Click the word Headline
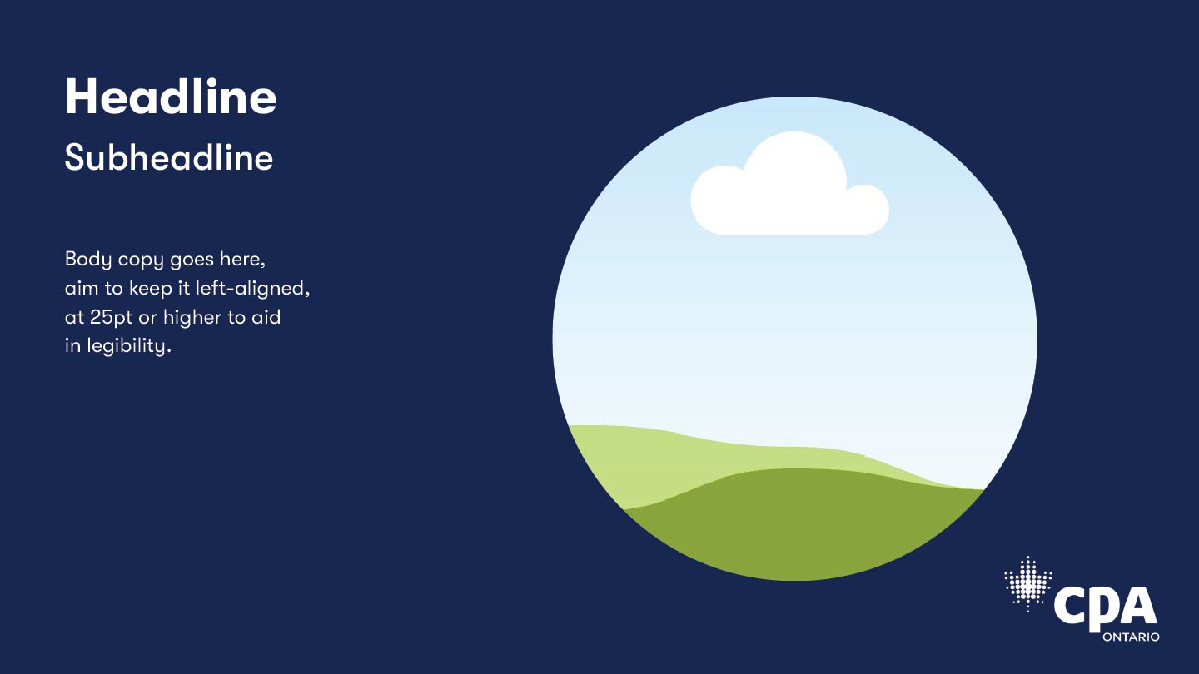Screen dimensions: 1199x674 [x=171, y=97]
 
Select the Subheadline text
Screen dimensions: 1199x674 [x=169, y=157]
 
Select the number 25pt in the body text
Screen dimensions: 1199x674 [x=111, y=318]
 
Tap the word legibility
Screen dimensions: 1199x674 [x=129, y=346]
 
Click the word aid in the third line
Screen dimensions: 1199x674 [x=266, y=317]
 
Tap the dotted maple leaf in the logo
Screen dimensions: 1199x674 [x=1027, y=583]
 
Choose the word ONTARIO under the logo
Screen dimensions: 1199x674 [x=1131, y=637]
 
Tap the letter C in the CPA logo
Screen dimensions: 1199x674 [x=1068, y=606]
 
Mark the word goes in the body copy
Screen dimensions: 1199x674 [x=193, y=261]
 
